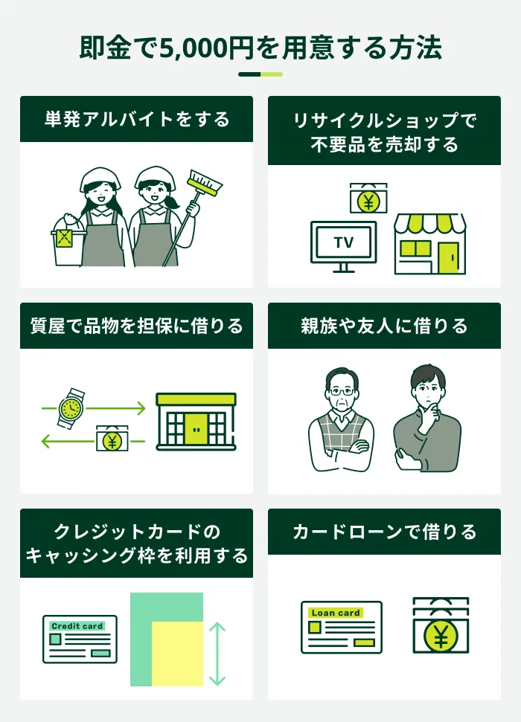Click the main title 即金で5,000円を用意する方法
pos(260,48)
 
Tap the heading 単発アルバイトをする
pos(137,119)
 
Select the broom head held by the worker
pos(205,183)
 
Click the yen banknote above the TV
pos(368,199)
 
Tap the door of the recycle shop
pos(448,258)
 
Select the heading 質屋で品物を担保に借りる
pos(136,326)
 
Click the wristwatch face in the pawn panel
pos(71,407)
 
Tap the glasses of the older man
pos(342,392)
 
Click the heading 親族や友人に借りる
pos(384,326)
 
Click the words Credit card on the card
pos(77,626)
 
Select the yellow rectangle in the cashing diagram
pos(177,654)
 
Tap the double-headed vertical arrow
pos(217,654)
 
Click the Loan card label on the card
pos(336,613)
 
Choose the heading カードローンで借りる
pos(384,532)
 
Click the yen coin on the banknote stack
pos(441,636)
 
